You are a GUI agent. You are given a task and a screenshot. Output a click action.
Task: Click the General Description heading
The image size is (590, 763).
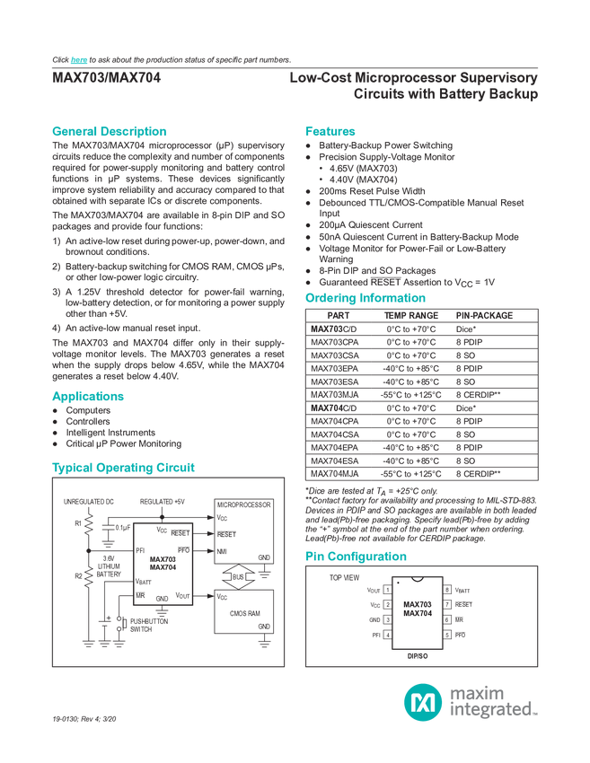(x=110, y=130)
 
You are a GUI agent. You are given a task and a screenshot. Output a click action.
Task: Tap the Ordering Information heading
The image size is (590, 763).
(x=365, y=297)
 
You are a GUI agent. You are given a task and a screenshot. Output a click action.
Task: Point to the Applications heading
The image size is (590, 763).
(x=88, y=396)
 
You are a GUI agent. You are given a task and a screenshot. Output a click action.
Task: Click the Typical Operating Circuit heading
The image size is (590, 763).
(x=123, y=467)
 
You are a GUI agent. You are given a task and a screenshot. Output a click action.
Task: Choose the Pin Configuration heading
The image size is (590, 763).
(x=356, y=556)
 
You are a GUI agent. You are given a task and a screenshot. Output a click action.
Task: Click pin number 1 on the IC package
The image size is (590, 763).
(x=387, y=590)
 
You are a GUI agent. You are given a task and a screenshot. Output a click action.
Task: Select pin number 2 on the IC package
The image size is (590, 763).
(x=387, y=605)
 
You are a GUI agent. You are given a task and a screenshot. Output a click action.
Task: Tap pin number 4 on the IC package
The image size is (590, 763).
(x=387, y=636)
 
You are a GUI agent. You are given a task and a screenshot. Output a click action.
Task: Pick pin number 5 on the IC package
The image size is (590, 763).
(x=446, y=636)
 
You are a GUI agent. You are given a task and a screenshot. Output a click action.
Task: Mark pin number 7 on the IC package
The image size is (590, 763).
(x=446, y=605)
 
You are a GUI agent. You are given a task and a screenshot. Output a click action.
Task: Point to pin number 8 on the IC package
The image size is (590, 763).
(x=446, y=590)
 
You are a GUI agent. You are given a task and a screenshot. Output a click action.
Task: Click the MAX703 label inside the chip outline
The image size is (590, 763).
(x=417, y=604)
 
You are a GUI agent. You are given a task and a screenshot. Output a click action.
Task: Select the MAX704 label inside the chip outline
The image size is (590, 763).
(x=417, y=614)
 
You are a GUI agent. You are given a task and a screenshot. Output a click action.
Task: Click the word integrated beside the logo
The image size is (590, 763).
(x=492, y=711)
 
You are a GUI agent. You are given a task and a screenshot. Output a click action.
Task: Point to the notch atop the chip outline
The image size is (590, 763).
(x=417, y=579)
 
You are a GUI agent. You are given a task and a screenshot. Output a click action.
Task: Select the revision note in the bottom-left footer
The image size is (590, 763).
(x=84, y=719)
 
